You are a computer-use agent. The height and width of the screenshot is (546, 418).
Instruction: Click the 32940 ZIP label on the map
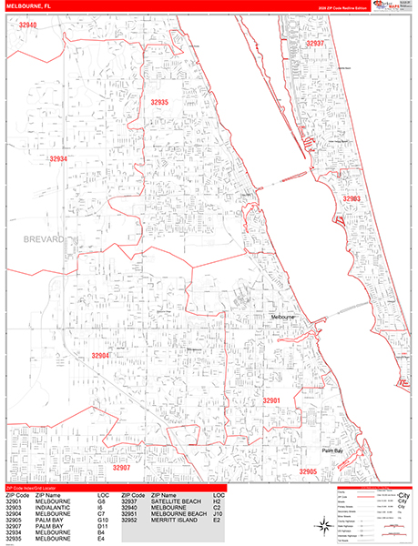(x=27, y=25)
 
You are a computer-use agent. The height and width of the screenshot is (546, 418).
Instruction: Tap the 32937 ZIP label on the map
(x=315, y=43)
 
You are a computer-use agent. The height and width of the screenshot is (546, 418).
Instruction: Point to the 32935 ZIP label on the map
(x=159, y=103)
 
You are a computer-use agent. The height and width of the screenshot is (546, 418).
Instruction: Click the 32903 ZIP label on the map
(x=352, y=198)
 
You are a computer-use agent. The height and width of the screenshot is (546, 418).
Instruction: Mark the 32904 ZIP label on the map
(x=100, y=356)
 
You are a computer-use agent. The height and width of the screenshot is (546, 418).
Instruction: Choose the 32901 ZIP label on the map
(x=272, y=400)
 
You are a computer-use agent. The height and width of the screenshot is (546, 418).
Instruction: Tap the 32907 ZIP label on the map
(x=122, y=468)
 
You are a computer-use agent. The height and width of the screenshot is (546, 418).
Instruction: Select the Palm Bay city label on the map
(x=332, y=451)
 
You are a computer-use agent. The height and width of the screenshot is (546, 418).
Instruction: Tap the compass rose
(x=324, y=525)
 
